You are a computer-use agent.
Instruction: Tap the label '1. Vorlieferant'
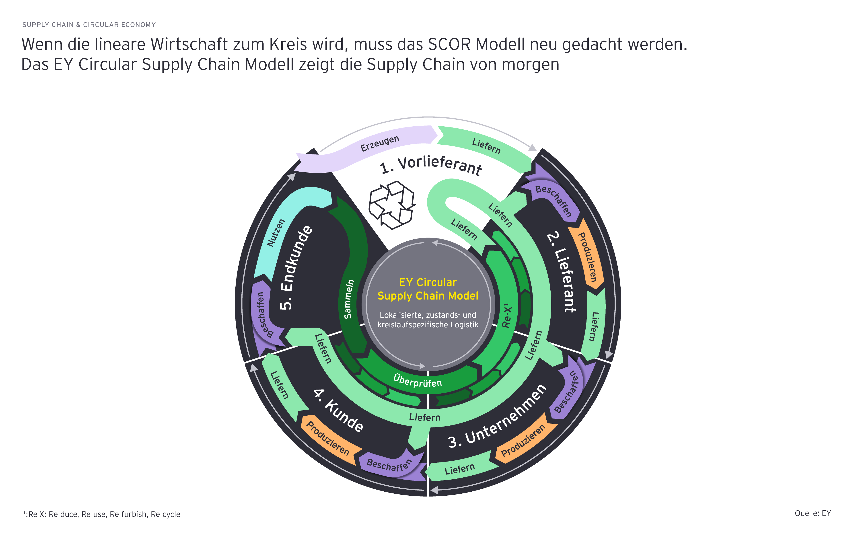point(431,165)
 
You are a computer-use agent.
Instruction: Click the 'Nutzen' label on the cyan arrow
point(276,233)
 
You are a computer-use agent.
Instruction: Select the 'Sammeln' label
point(349,299)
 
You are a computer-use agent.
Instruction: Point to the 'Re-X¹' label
point(506,315)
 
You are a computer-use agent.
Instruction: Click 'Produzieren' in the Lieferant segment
point(587,257)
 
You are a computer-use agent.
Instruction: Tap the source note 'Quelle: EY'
point(813,513)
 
